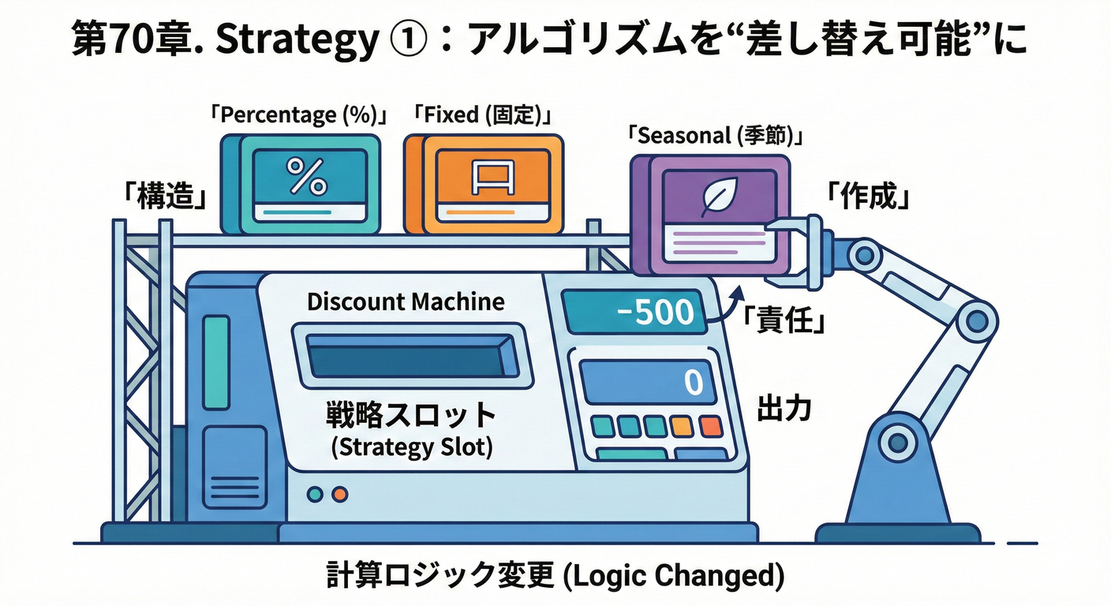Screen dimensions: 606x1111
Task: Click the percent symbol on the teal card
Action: (x=305, y=176)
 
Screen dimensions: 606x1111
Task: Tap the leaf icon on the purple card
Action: (x=719, y=196)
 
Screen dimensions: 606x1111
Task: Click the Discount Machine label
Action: (x=405, y=301)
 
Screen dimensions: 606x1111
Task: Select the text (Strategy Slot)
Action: (x=411, y=447)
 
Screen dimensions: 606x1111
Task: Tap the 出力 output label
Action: (x=784, y=408)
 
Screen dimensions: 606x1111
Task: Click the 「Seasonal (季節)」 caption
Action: (x=716, y=136)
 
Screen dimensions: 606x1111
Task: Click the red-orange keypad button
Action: (x=710, y=426)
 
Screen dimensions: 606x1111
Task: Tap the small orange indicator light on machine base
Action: (x=340, y=495)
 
